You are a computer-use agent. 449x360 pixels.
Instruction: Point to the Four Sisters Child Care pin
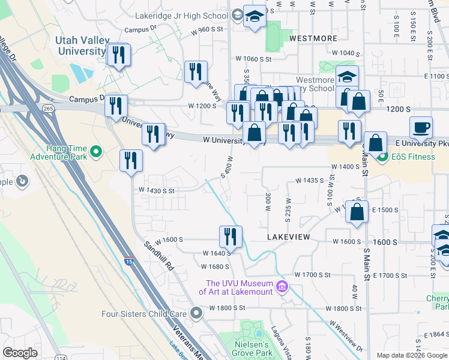pyautogui.click(x=196, y=313)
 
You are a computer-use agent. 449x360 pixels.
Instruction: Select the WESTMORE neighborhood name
pyautogui.click(x=313, y=38)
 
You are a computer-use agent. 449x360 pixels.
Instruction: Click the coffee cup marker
pyautogui.click(x=421, y=127)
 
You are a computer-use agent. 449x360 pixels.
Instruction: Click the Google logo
pyautogui.click(x=20, y=353)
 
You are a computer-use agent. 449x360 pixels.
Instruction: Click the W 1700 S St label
pyautogui.click(x=313, y=275)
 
